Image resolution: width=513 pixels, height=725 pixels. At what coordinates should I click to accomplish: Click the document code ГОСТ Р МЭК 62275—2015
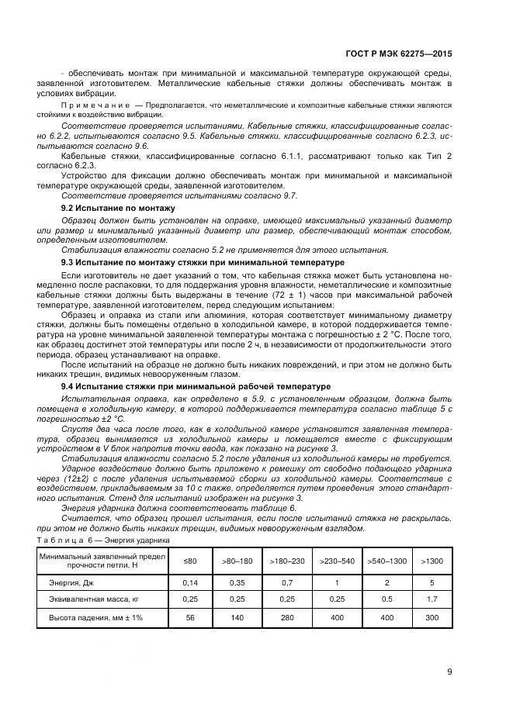[x=399, y=55]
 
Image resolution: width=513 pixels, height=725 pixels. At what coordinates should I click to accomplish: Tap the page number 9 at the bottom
[x=449, y=672]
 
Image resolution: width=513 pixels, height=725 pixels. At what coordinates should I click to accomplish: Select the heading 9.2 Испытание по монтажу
[x=118, y=209]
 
